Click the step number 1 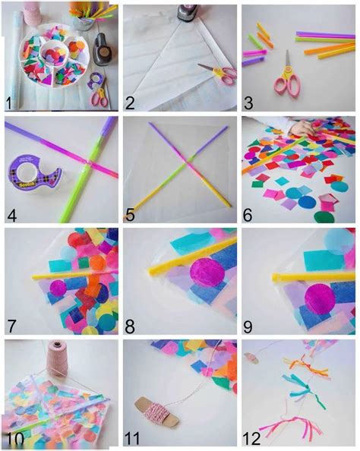tap(9, 103)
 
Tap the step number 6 tap(248, 215)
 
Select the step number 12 tap(251, 438)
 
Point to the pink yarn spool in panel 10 tap(57, 358)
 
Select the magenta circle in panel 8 tap(207, 272)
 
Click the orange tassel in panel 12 tap(306, 365)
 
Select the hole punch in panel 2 tap(188, 13)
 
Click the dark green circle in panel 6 tap(324, 217)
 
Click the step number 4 tap(12, 215)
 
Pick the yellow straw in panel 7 tap(75, 274)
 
